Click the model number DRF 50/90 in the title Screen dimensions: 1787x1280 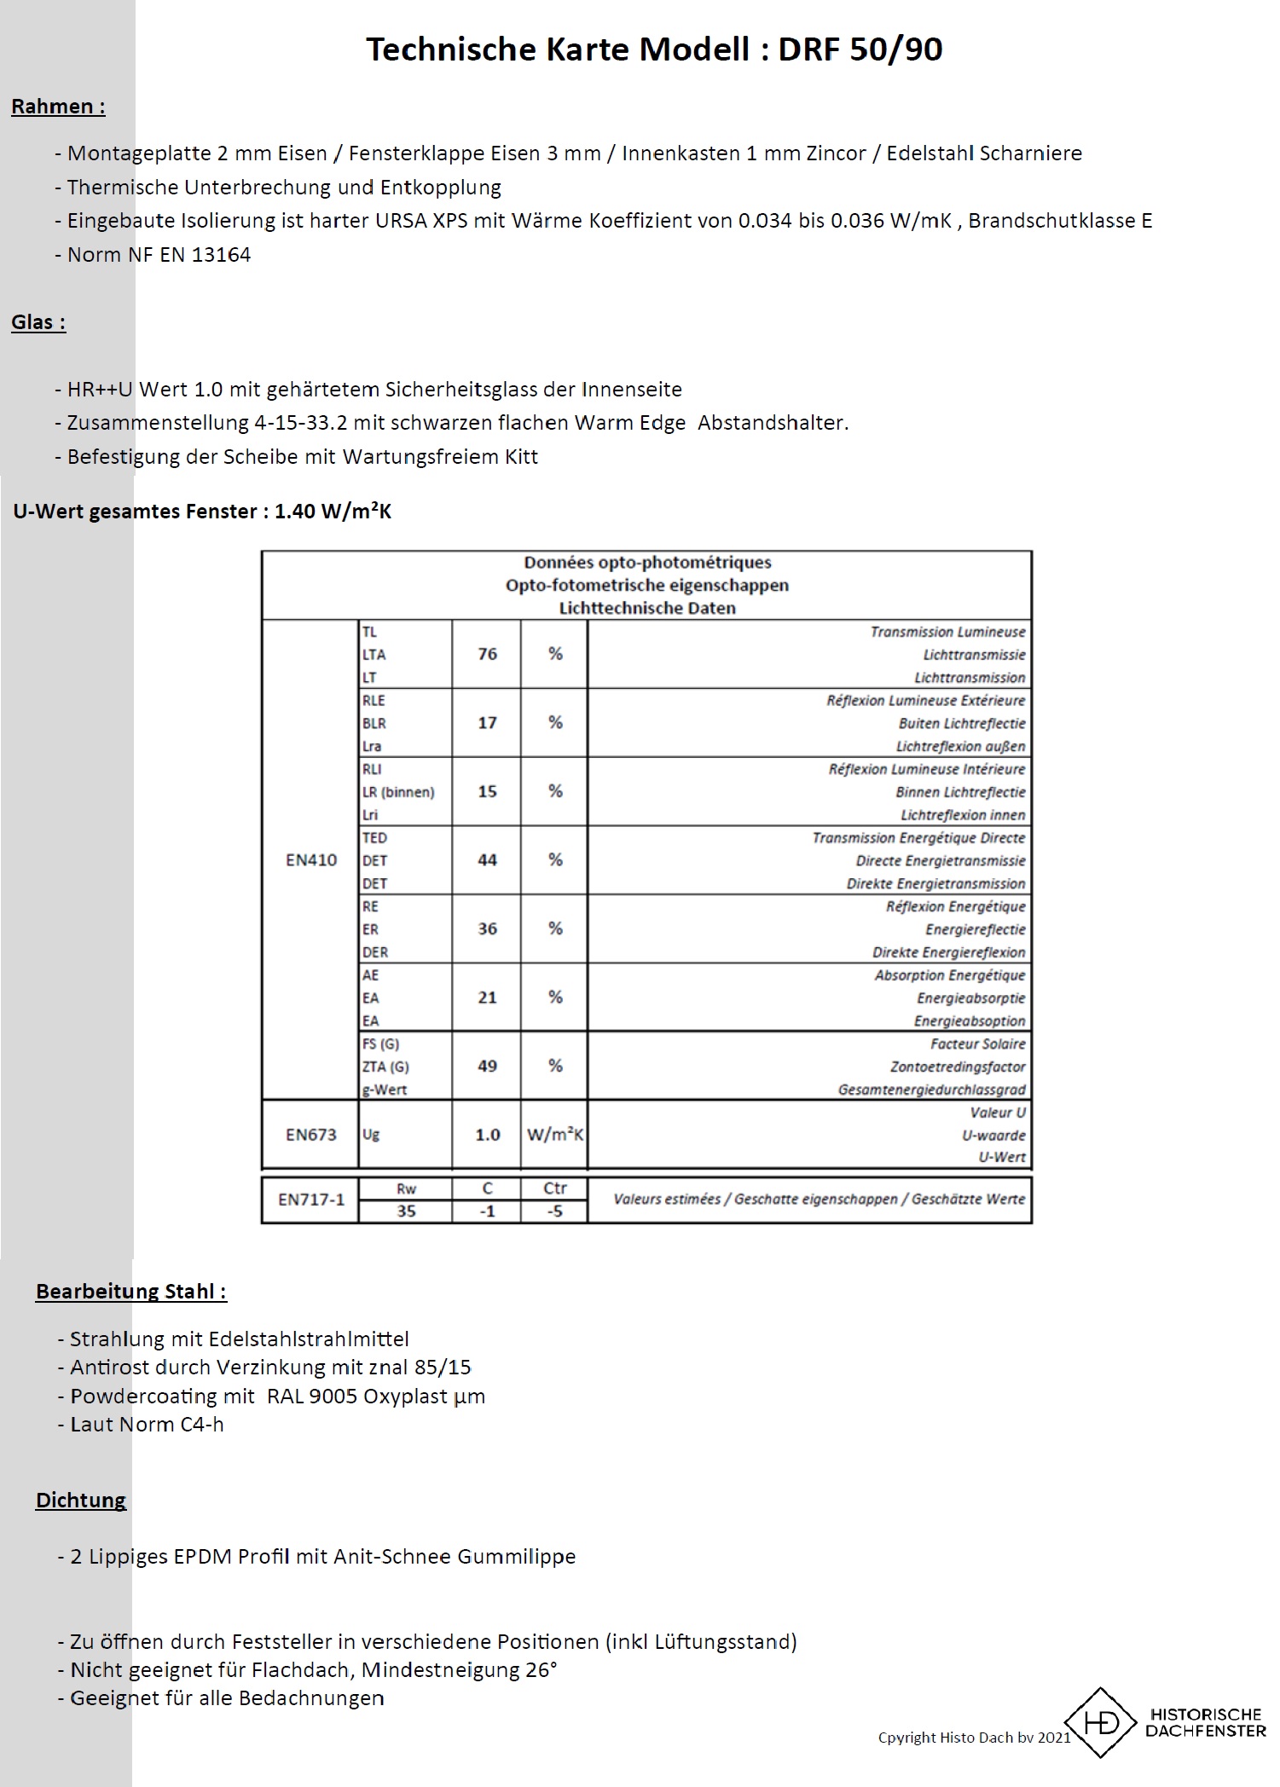(x=860, y=49)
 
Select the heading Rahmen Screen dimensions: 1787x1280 (x=57, y=107)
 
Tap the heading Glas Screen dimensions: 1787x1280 (x=38, y=322)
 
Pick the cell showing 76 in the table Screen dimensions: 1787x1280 (x=487, y=654)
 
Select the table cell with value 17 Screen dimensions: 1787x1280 (x=487, y=723)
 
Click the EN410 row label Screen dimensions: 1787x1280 (x=311, y=860)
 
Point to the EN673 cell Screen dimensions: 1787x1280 (x=311, y=1135)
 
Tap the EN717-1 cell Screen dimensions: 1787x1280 (x=311, y=1200)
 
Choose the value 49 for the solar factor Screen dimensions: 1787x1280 (x=487, y=1067)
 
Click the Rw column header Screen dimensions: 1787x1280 (x=406, y=1188)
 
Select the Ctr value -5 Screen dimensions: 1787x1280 (x=554, y=1211)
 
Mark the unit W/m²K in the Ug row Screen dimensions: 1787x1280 (x=554, y=1135)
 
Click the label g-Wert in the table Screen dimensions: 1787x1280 (x=385, y=1090)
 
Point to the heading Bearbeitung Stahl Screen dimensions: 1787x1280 (x=130, y=1292)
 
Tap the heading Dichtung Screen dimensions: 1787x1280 (x=81, y=1501)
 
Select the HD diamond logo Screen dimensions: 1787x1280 (x=1101, y=1722)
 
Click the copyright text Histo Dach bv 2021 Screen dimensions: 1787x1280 (x=974, y=1738)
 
